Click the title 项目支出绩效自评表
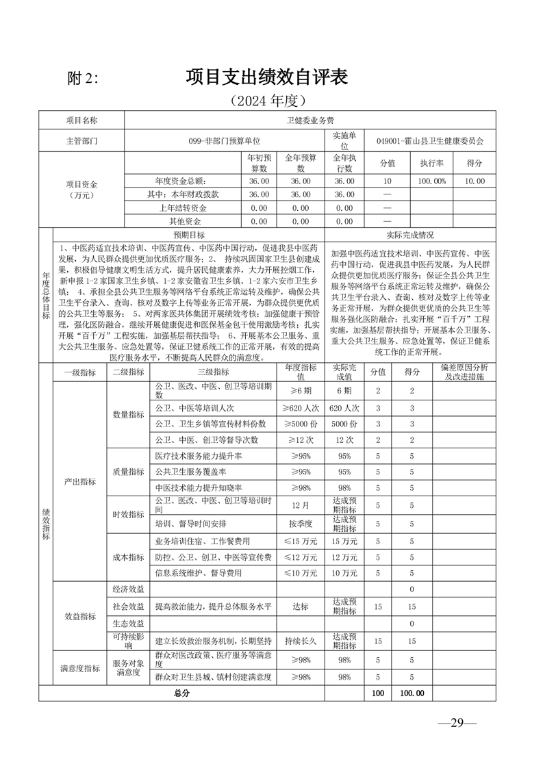tap(266, 77)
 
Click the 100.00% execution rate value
tap(432, 181)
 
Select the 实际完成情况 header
tap(410, 234)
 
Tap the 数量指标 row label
tap(128, 415)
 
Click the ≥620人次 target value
tap(301, 407)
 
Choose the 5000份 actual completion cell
tap(344, 424)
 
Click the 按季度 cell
tap(301, 524)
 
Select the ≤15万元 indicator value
tap(301, 541)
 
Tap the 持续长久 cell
tap(301, 641)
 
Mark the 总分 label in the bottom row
tap(181, 693)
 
